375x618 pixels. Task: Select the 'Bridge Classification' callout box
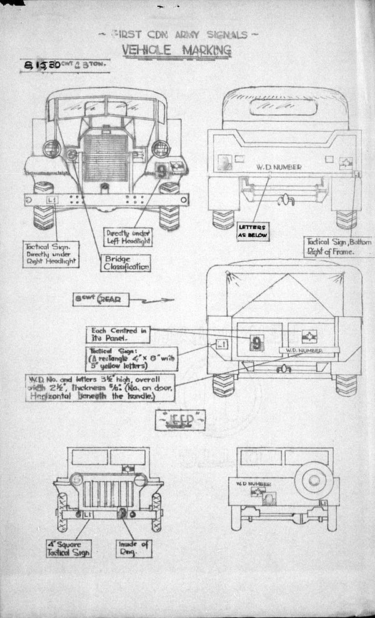[126, 262]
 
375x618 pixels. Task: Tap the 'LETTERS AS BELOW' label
[252, 231]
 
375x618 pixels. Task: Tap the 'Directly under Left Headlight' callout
[129, 236]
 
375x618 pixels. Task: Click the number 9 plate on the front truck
[161, 169]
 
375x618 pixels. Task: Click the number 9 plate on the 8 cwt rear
[257, 342]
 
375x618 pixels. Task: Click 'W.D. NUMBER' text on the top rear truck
[278, 167]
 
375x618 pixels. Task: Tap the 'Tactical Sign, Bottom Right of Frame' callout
[339, 246]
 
